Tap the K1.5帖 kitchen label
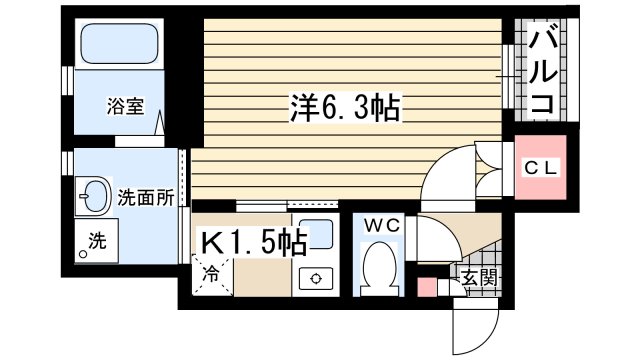256,243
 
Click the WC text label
381,225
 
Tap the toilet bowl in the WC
380,268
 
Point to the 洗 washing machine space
97,242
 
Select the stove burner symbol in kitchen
318,279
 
